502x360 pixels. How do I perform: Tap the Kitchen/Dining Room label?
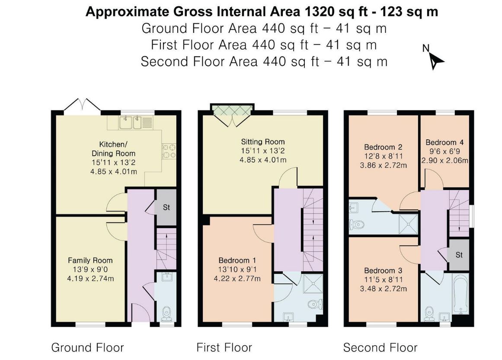(113, 149)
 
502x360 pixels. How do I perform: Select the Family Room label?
(90, 260)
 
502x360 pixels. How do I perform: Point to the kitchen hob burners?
(169, 150)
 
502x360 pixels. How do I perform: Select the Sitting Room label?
(263, 141)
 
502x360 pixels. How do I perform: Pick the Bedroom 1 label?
(237, 260)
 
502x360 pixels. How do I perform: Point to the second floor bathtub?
(460, 294)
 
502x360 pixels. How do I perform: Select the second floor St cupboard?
(459, 255)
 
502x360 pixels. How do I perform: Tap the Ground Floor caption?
(87, 347)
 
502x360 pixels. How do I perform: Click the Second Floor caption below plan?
(380, 347)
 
